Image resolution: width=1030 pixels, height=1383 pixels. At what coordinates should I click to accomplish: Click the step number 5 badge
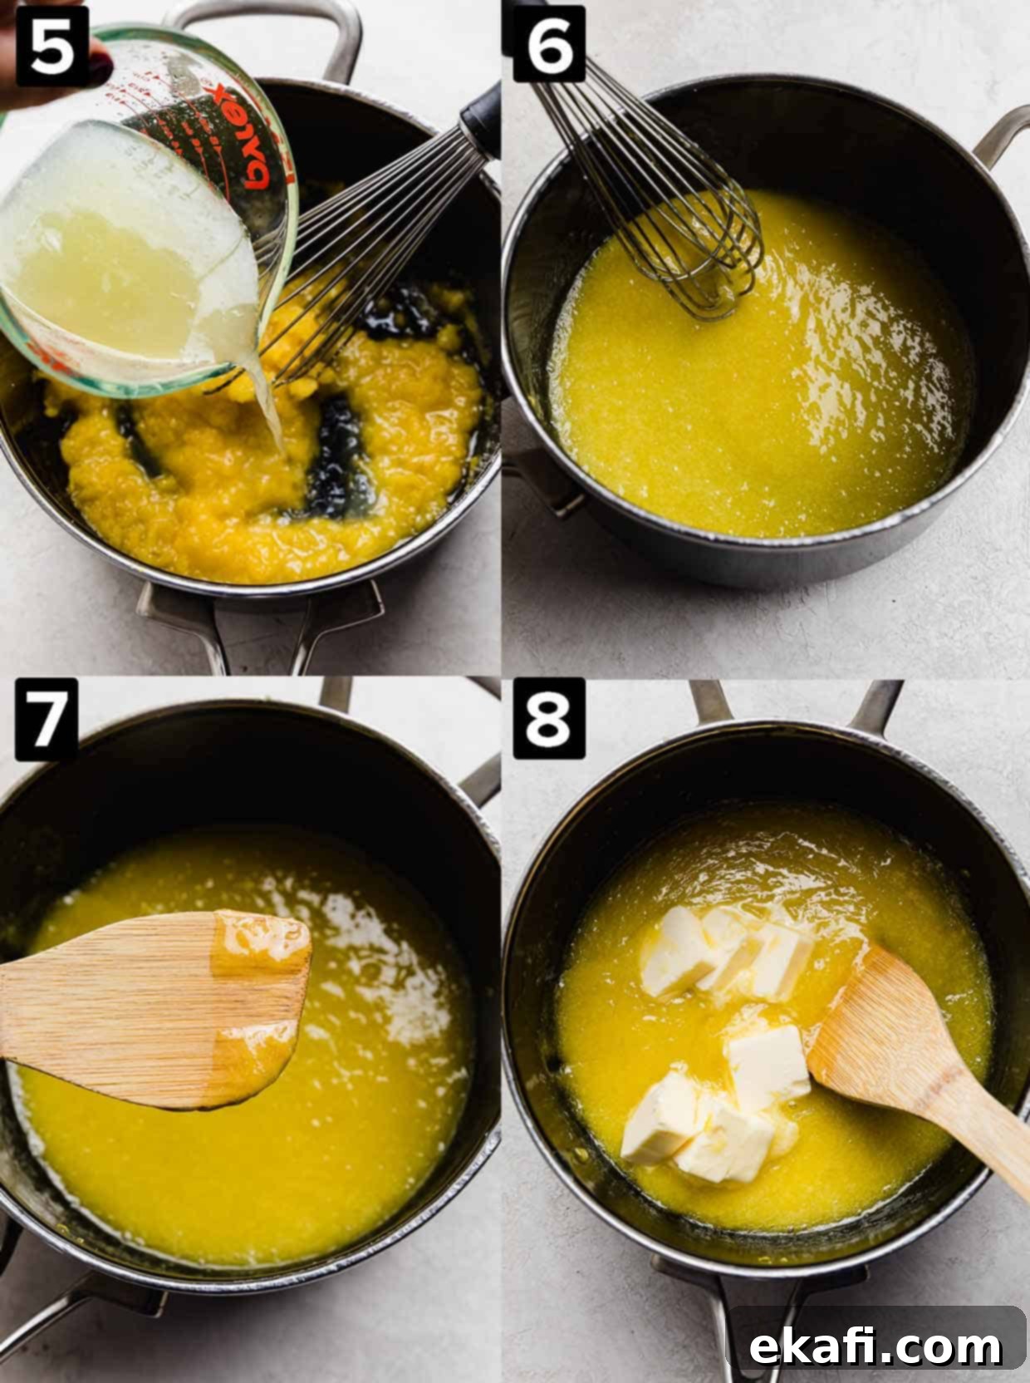point(52,46)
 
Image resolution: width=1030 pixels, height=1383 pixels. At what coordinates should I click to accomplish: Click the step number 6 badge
point(549,43)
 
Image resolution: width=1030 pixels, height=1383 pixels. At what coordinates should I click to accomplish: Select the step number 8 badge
point(549,718)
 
